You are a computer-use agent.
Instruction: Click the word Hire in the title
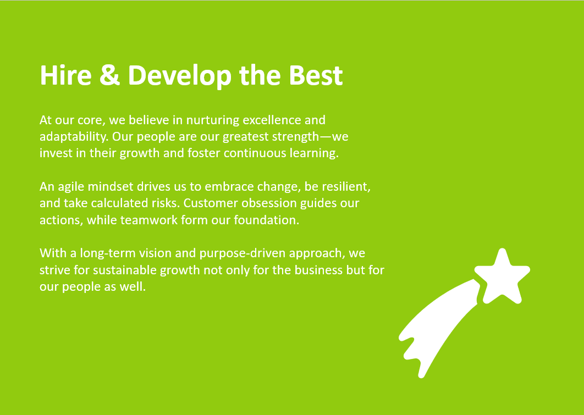[65, 75]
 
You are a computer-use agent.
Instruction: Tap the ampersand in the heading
[110, 75]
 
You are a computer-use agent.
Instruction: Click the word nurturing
[213, 120]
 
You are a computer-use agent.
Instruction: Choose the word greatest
[245, 137]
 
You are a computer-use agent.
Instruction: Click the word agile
[71, 187]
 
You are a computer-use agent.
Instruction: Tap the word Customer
[211, 203]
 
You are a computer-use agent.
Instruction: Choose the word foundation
[266, 220]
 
